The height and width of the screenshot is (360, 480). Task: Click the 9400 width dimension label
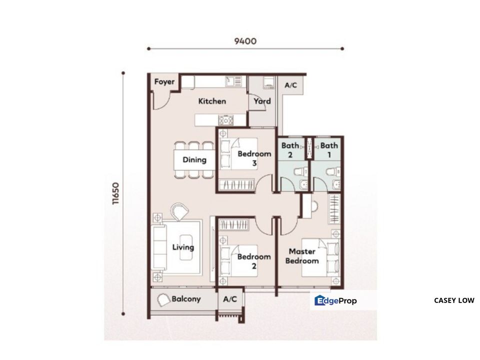pyautogui.click(x=245, y=40)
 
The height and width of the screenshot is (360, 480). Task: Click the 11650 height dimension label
pyautogui.click(x=115, y=193)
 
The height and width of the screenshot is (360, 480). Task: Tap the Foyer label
pyautogui.click(x=164, y=81)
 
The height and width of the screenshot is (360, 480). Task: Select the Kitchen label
pyautogui.click(x=212, y=101)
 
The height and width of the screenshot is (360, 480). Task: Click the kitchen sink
pyautogui.click(x=233, y=81)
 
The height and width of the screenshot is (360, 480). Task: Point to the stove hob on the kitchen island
pyautogui.click(x=225, y=119)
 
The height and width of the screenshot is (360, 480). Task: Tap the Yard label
pyautogui.click(x=262, y=101)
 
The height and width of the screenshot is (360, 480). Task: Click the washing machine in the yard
pyautogui.click(x=269, y=83)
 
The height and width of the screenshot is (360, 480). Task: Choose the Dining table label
pyautogui.click(x=194, y=159)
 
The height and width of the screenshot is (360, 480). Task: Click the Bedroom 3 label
pyautogui.click(x=254, y=158)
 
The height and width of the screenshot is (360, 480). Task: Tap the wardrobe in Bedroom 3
pyautogui.click(x=236, y=184)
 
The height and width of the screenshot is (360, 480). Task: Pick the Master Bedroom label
pyautogui.click(x=302, y=256)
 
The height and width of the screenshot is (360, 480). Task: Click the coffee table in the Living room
pyautogui.click(x=186, y=247)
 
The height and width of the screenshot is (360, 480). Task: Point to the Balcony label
pyautogui.click(x=186, y=299)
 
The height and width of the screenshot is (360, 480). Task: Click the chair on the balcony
pyautogui.click(x=163, y=300)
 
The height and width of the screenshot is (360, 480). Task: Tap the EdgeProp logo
pyautogui.click(x=335, y=300)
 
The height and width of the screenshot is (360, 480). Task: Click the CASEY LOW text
pyautogui.click(x=454, y=300)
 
